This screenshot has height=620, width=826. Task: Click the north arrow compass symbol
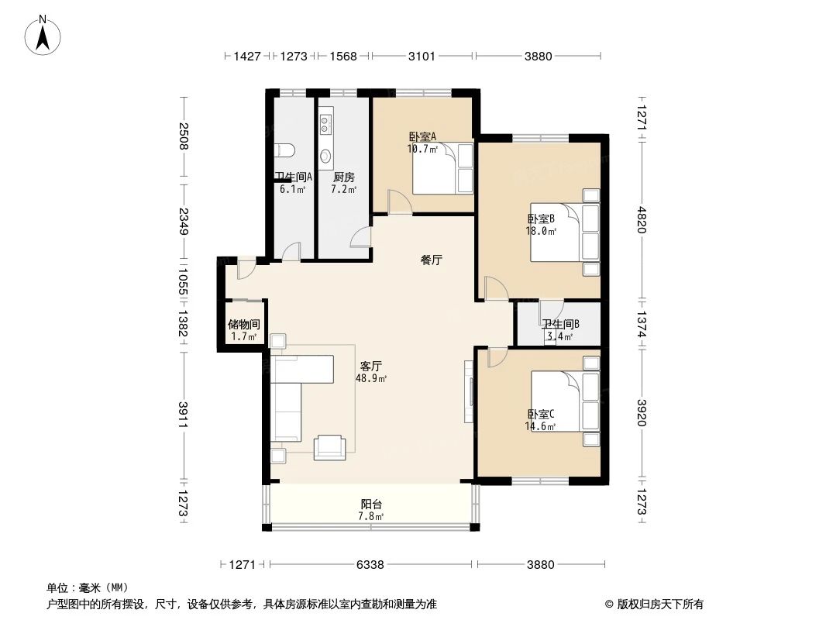tap(45, 36)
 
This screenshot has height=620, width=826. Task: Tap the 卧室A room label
tap(422, 136)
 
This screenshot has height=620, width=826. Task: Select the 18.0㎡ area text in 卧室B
tap(542, 231)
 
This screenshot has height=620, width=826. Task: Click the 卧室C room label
tap(541, 414)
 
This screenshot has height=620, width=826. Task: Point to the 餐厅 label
tap(431, 260)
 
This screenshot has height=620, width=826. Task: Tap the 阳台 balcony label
tap(370, 504)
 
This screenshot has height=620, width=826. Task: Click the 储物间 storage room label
tap(243, 325)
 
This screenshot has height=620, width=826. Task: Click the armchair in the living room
tap(329, 446)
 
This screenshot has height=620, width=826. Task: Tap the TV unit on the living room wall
tap(469, 391)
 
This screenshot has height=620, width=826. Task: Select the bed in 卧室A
tap(434, 167)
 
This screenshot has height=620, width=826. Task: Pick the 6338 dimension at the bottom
tap(370, 565)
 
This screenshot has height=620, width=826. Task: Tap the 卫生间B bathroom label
tap(560, 325)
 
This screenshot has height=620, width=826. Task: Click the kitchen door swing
tap(360, 237)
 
